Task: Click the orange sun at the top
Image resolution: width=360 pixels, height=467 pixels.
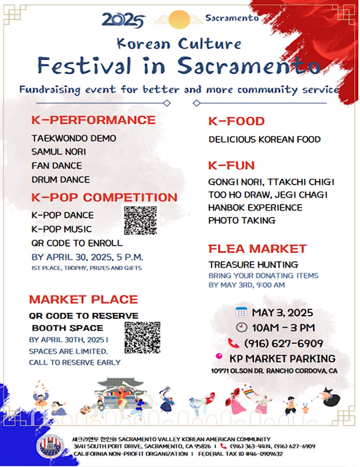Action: tap(179, 19)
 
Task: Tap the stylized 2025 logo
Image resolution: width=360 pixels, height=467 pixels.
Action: tap(123, 20)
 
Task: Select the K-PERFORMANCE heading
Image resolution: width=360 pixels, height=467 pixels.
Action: tap(94, 120)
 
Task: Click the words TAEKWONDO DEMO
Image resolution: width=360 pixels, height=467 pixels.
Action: tap(74, 138)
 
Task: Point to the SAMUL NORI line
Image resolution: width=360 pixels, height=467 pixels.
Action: tap(59, 152)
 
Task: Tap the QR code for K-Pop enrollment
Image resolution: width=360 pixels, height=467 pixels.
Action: tap(140, 221)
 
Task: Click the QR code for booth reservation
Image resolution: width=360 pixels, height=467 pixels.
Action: tap(142, 337)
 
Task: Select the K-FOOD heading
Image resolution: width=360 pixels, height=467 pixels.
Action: tap(237, 121)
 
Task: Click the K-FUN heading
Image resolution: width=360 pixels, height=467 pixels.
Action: tap(231, 166)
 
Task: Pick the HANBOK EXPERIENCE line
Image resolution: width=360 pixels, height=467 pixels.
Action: tap(255, 208)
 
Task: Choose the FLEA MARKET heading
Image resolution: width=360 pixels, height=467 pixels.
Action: tap(257, 249)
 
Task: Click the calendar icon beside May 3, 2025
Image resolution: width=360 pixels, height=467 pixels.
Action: tap(241, 312)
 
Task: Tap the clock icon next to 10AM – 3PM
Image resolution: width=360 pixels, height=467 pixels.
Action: tap(242, 327)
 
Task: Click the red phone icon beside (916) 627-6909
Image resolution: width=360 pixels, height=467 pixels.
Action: tap(234, 343)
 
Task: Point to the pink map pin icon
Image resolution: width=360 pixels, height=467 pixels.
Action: tap(219, 358)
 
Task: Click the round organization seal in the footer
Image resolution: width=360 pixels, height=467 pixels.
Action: tap(50, 447)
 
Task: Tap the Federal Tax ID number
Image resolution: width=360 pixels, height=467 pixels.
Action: tap(240, 454)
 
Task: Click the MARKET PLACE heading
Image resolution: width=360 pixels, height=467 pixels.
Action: tap(84, 299)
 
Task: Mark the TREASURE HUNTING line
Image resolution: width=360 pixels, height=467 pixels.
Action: tap(253, 264)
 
